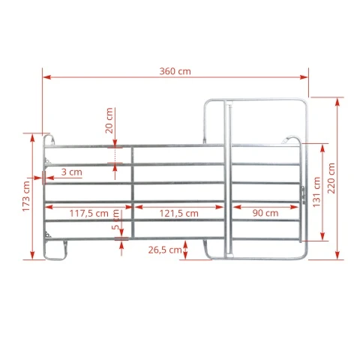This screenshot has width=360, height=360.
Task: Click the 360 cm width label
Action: pyautogui.click(x=175, y=71)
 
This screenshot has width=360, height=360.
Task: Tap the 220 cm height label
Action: pyautogui.click(x=331, y=178)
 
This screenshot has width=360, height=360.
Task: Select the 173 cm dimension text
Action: pyautogui.click(x=26, y=196)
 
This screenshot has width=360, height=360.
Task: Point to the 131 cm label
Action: pyautogui.click(x=316, y=192)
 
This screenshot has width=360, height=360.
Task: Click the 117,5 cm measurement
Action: pyautogui.click(x=88, y=214)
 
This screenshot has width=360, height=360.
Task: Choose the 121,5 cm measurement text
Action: pyautogui.click(x=179, y=214)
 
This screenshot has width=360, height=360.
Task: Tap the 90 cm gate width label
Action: pyautogui.click(x=265, y=213)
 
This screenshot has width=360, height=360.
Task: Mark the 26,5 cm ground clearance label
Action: pyautogui.click(x=165, y=250)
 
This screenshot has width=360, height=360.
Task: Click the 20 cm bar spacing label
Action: pyautogui.click(x=109, y=121)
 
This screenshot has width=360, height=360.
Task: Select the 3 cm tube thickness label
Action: pyautogui.click(x=72, y=172)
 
